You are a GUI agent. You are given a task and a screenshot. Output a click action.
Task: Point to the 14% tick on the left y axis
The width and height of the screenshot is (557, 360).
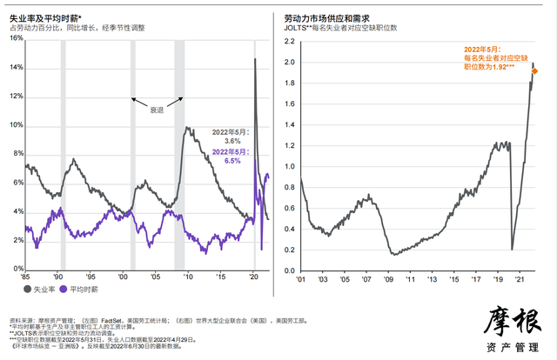click(15, 67)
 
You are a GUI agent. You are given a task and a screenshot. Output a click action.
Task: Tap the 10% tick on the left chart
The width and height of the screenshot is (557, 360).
click(15, 125)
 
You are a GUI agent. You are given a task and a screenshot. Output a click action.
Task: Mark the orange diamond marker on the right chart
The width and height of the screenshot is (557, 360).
click(534, 71)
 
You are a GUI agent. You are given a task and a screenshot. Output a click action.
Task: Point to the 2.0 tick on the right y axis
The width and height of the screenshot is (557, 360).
click(291, 63)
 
